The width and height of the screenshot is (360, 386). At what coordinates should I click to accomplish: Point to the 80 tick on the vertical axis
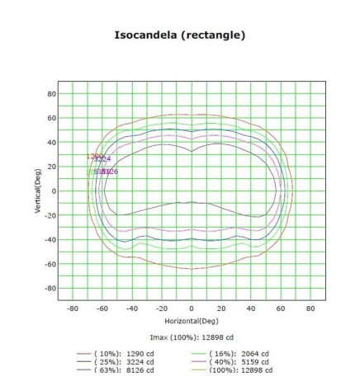click(x=50, y=93)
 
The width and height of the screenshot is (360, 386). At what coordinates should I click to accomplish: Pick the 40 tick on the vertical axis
click(x=50, y=142)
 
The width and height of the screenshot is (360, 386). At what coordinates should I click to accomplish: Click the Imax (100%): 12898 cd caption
click(x=191, y=337)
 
